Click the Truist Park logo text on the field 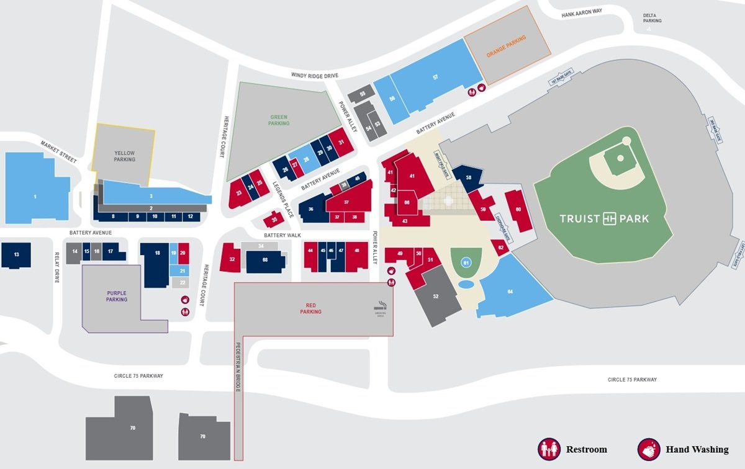604,218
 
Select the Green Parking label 279,120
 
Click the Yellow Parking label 124,156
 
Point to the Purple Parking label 117,296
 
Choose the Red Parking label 310,308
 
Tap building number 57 435,77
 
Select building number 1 35,197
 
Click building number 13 17,254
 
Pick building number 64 510,292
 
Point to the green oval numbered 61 466,263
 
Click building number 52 435,297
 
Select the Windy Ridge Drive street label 315,75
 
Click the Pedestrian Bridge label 238,366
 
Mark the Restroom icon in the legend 548,449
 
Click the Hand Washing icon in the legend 649,449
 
